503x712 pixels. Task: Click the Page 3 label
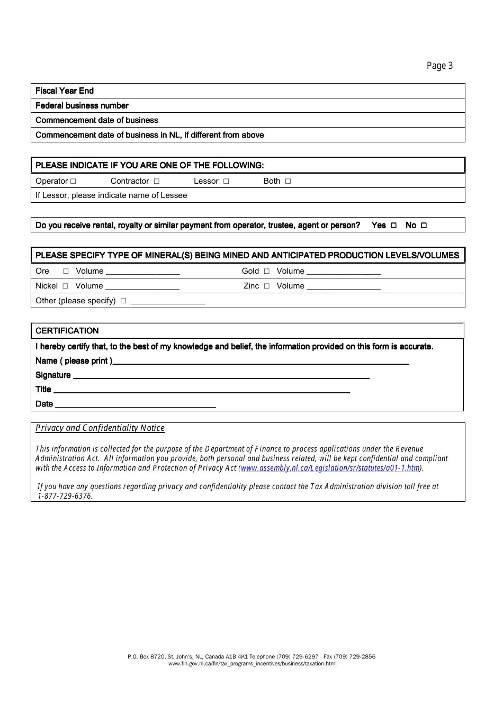(x=439, y=66)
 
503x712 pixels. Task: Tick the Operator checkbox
(x=73, y=181)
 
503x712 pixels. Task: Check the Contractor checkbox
(x=156, y=181)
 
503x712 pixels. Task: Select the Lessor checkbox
(x=226, y=181)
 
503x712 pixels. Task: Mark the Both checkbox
(x=288, y=181)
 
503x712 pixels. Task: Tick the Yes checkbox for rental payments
(x=393, y=226)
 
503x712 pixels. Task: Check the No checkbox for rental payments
(x=424, y=226)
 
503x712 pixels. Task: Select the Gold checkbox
(x=267, y=271)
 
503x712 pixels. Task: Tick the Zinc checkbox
(x=267, y=286)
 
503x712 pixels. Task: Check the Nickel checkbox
(x=65, y=286)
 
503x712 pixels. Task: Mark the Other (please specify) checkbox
(x=123, y=301)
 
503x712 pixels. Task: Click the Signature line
(x=220, y=376)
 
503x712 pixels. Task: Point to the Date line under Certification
(x=135, y=405)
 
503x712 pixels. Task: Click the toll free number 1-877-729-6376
(x=65, y=496)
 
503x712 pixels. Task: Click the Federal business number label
(x=82, y=105)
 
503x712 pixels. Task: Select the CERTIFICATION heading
(x=67, y=331)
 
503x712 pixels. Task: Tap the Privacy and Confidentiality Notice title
(x=100, y=428)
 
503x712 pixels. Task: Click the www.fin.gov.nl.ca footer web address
(x=252, y=663)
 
